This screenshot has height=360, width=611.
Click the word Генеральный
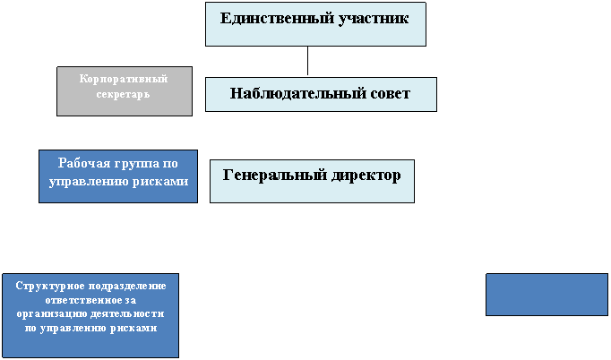[x=275, y=176]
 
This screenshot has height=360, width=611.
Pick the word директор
[x=366, y=176]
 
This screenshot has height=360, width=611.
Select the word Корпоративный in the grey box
[x=124, y=79]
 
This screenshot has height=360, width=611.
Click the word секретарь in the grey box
[x=123, y=94]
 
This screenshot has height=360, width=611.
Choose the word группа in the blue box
[x=137, y=164]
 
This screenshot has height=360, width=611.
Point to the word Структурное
[x=50, y=287]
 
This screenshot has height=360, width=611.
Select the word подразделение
[x=127, y=287]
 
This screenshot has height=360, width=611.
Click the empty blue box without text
[x=546, y=295]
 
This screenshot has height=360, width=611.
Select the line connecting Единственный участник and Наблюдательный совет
[x=307, y=60]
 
